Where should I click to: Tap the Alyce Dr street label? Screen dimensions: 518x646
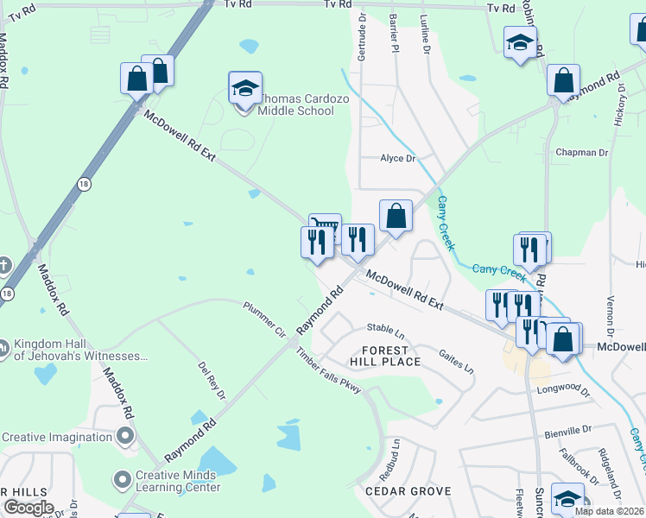coord(398,159)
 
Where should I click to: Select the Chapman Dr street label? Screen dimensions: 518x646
coord(582,153)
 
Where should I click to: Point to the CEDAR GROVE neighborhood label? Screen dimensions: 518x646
coord(408,491)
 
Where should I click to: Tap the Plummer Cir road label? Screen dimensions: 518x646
coord(263,319)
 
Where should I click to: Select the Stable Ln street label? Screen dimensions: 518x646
coord(385,329)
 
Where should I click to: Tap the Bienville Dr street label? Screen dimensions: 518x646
coord(569,429)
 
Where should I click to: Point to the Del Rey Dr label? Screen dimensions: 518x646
coord(212,381)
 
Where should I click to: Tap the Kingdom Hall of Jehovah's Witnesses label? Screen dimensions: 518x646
coord(80,350)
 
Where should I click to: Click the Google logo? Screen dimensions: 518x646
coord(28,508)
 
